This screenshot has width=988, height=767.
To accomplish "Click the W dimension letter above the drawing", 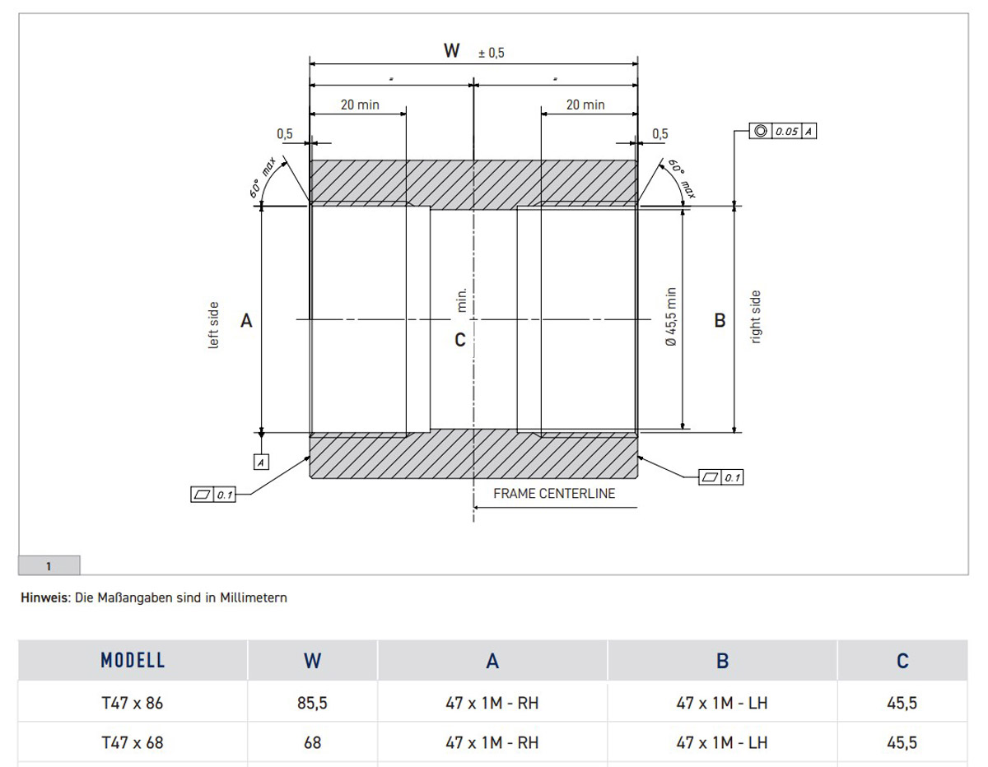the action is (x=451, y=50).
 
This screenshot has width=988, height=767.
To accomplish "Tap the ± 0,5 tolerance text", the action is (x=491, y=53).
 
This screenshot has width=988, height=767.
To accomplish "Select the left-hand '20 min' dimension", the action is (x=360, y=105).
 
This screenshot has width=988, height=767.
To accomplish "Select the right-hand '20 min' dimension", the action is (x=585, y=105).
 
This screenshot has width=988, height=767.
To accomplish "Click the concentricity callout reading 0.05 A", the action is (x=782, y=131).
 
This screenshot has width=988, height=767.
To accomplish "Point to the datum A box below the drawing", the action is (x=261, y=463).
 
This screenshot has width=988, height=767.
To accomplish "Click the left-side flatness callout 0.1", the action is (x=212, y=495).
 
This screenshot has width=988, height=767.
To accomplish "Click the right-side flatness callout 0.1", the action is (x=720, y=477).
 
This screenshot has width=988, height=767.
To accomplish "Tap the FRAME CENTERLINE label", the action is (x=554, y=494).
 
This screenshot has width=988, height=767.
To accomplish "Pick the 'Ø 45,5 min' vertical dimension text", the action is (x=671, y=317).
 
